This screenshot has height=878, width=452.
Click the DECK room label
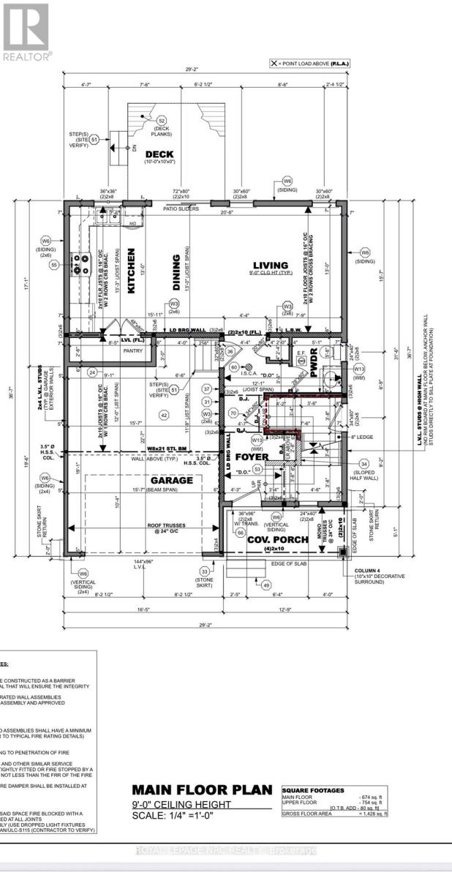157,154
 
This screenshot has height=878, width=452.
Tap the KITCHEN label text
132,260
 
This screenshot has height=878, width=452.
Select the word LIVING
271,266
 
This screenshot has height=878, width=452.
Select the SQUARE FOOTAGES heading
314,790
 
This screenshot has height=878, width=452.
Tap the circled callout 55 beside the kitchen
53,266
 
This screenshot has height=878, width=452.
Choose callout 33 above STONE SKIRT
205,571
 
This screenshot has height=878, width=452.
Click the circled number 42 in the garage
165,415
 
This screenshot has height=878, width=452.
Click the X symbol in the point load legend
275,64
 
